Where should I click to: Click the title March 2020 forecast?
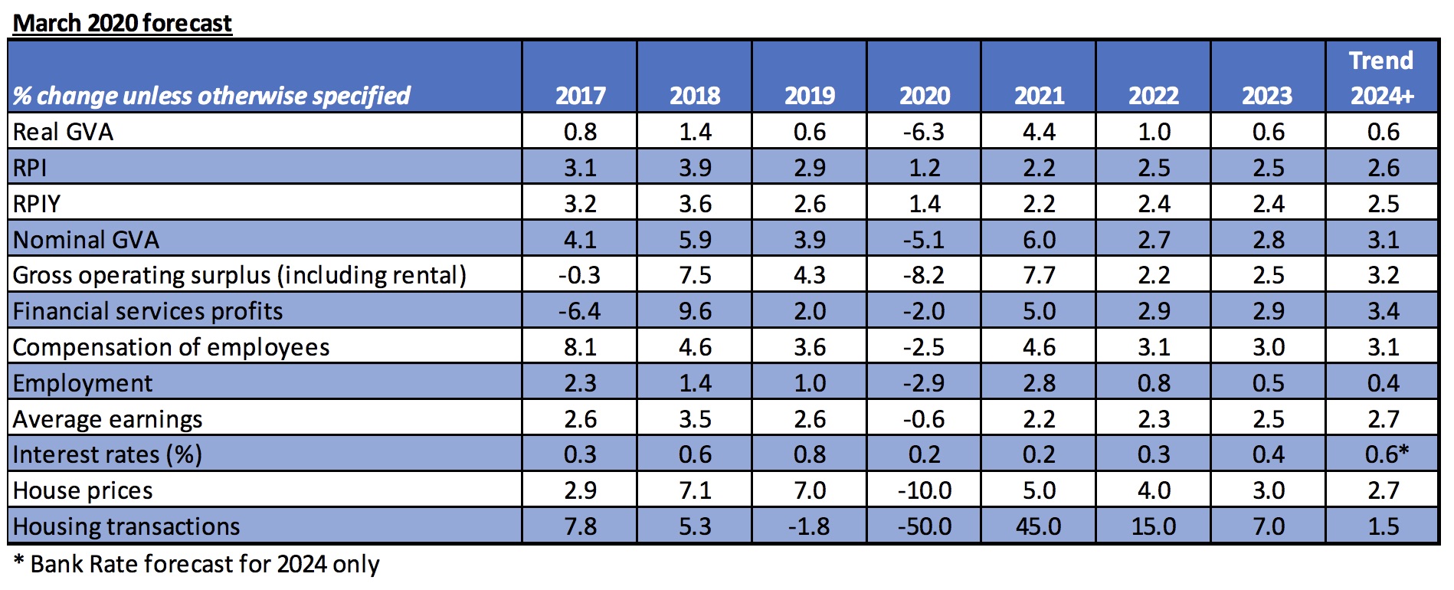tap(123, 23)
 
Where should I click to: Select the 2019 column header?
tap(810, 96)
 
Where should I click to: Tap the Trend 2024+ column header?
tap(1382, 77)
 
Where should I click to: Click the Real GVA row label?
tap(63, 132)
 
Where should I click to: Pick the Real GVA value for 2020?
tap(924, 132)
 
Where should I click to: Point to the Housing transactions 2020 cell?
tap(924, 526)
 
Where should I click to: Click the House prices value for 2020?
tap(924, 490)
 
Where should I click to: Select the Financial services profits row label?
tap(148, 311)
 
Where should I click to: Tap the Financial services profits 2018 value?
tap(695, 311)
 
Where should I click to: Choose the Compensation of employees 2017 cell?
tap(580, 347)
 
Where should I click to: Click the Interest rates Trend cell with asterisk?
tap(1387, 454)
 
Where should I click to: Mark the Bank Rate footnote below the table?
tap(197, 565)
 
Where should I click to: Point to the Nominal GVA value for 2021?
tap(1039, 240)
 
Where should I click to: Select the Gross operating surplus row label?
tap(240, 275)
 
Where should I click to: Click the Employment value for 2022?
tap(1154, 383)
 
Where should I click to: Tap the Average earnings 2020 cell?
tap(924, 419)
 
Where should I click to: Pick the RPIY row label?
tap(37, 204)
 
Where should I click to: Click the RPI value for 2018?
tap(695, 168)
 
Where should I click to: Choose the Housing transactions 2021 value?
tap(1039, 526)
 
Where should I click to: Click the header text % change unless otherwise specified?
tap(212, 96)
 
